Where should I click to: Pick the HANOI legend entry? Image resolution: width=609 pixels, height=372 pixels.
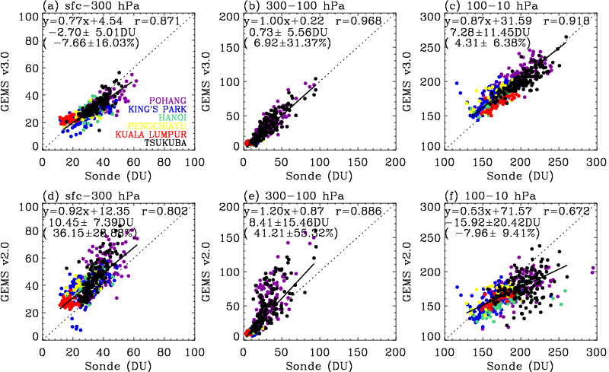(x=170, y=117)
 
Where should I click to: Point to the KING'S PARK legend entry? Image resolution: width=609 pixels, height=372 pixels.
(x=154, y=109)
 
